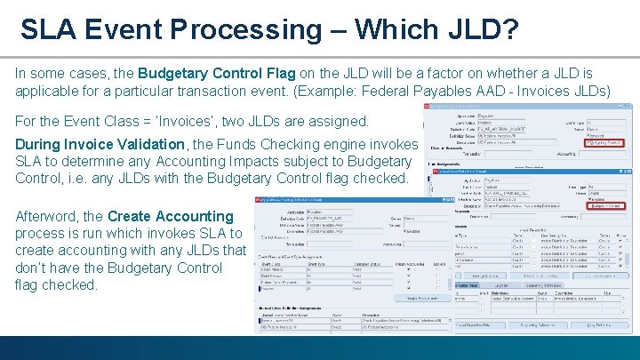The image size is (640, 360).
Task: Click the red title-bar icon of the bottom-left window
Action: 260,200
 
